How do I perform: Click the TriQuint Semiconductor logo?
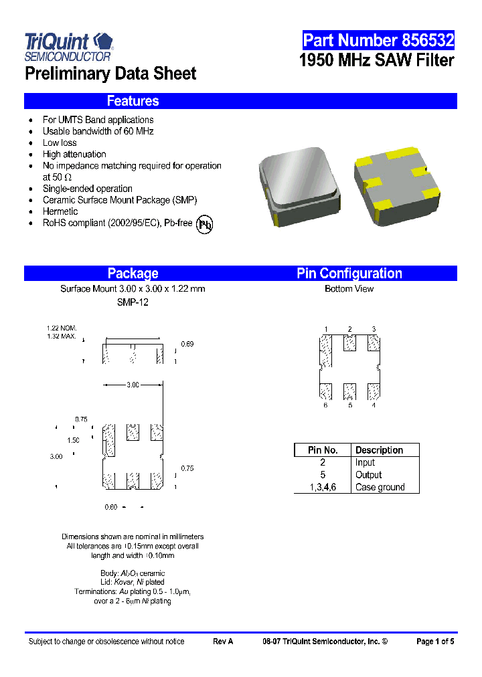point(69,47)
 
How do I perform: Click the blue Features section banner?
point(240,101)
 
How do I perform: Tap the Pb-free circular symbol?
point(204,224)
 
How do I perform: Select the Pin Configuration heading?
point(349,273)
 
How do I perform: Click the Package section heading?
point(133,273)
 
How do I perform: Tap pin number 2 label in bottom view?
point(349,328)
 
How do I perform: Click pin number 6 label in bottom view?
point(325,405)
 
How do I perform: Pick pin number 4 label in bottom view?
point(374,405)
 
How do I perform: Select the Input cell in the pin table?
point(366,462)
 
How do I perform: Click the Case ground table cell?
point(380,487)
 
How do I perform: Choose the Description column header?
point(379,450)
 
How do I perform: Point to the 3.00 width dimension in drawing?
point(133,385)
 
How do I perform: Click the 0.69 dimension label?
point(187,344)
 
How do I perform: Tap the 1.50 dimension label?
point(73,440)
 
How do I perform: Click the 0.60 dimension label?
point(111,507)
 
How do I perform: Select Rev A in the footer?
point(223,642)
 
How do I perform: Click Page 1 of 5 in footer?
point(435,642)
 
